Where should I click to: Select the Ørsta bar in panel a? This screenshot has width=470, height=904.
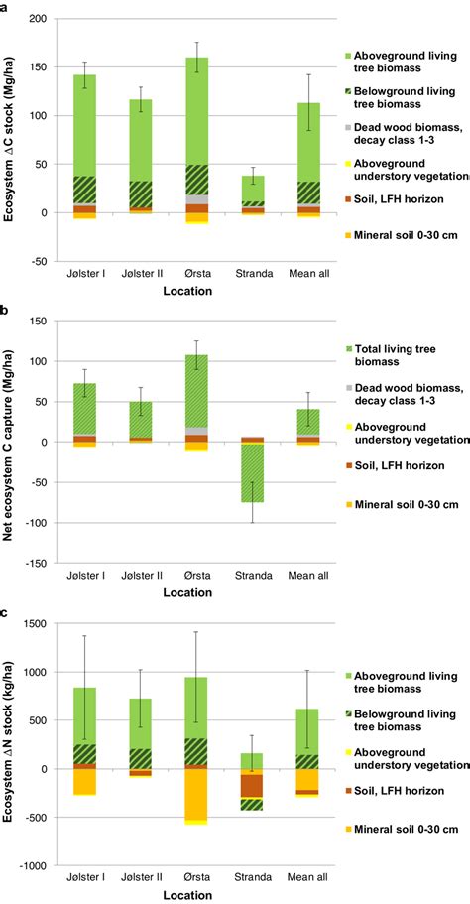(196, 109)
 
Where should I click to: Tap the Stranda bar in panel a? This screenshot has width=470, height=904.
(253, 189)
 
